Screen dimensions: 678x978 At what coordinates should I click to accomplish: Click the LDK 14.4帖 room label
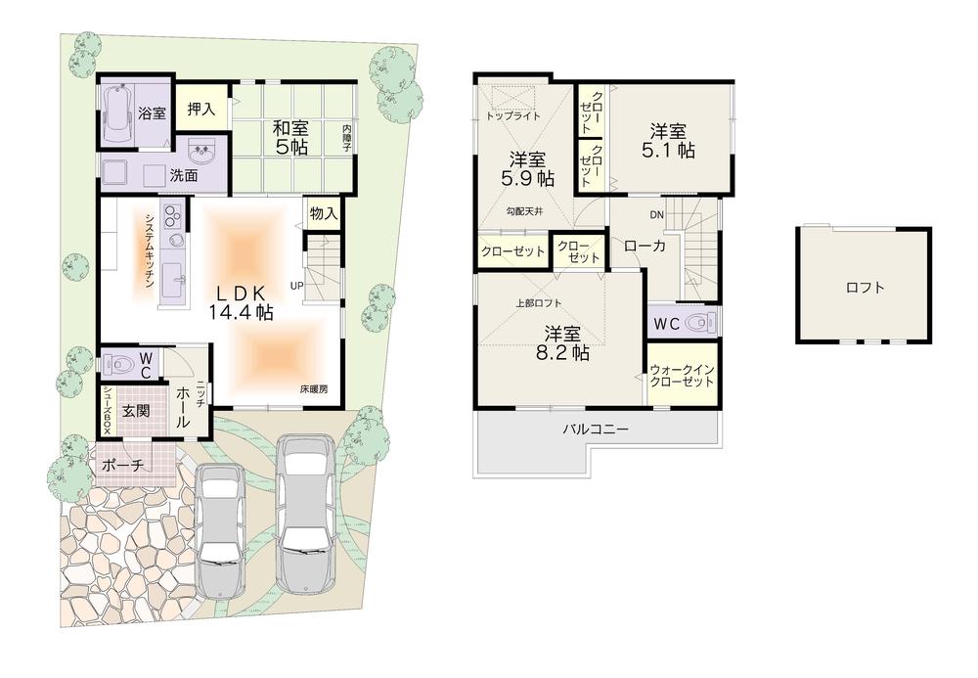(x=240, y=302)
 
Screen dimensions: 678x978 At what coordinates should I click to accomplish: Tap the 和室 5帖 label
(x=290, y=137)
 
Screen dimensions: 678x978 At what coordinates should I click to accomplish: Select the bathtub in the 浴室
(x=120, y=113)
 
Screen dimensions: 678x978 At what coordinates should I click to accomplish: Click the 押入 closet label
(x=201, y=110)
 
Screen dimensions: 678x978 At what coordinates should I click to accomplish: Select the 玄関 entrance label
(x=136, y=411)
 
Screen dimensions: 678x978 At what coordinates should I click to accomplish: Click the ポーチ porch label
(x=123, y=467)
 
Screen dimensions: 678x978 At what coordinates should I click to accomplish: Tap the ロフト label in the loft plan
(x=866, y=288)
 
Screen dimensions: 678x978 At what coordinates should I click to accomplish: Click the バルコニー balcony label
(x=595, y=429)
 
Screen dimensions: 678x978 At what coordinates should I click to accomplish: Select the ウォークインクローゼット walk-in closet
(x=682, y=376)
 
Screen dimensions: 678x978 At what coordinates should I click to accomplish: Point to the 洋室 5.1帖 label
(x=669, y=142)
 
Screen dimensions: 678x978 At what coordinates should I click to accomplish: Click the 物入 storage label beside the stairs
(x=324, y=213)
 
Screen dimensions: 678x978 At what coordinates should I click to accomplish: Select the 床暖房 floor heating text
(x=314, y=388)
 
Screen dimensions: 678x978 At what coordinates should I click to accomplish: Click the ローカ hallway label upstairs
(x=645, y=247)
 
